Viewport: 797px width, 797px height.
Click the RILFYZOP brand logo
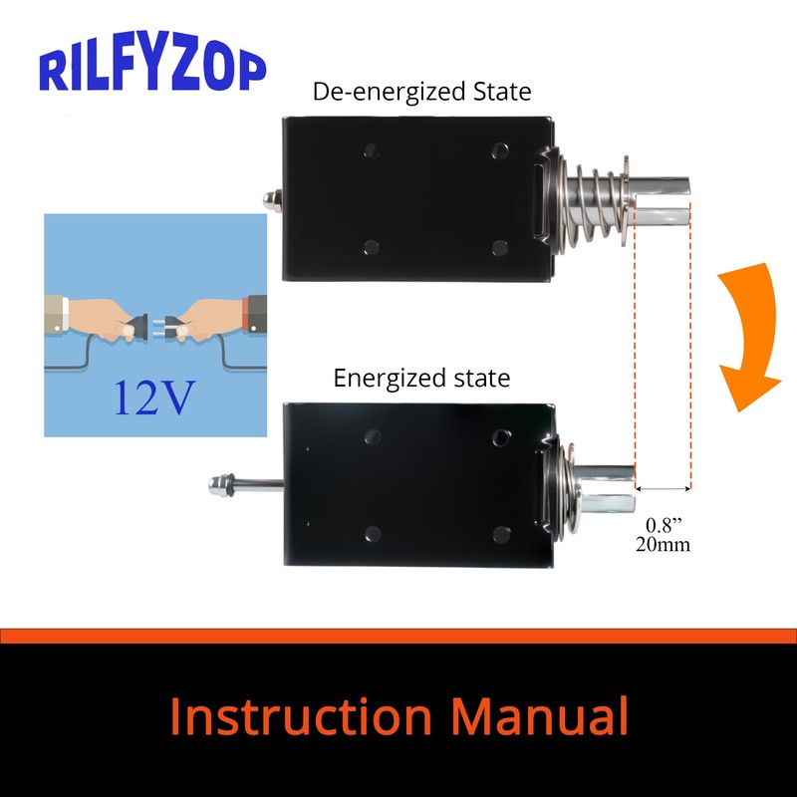pyautogui.click(x=152, y=68)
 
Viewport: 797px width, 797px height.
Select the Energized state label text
pyautogui.click(x=421, y=379)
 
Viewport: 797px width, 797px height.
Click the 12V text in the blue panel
pyautogui.click(x=153, y=397)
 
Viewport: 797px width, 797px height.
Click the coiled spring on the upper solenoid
pyautogui.click(x=592, y=203)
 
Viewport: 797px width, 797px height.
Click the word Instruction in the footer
pyautogui.click(x=300, y=716)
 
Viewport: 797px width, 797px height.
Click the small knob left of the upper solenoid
pyautogui.click(x=271, y=200)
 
